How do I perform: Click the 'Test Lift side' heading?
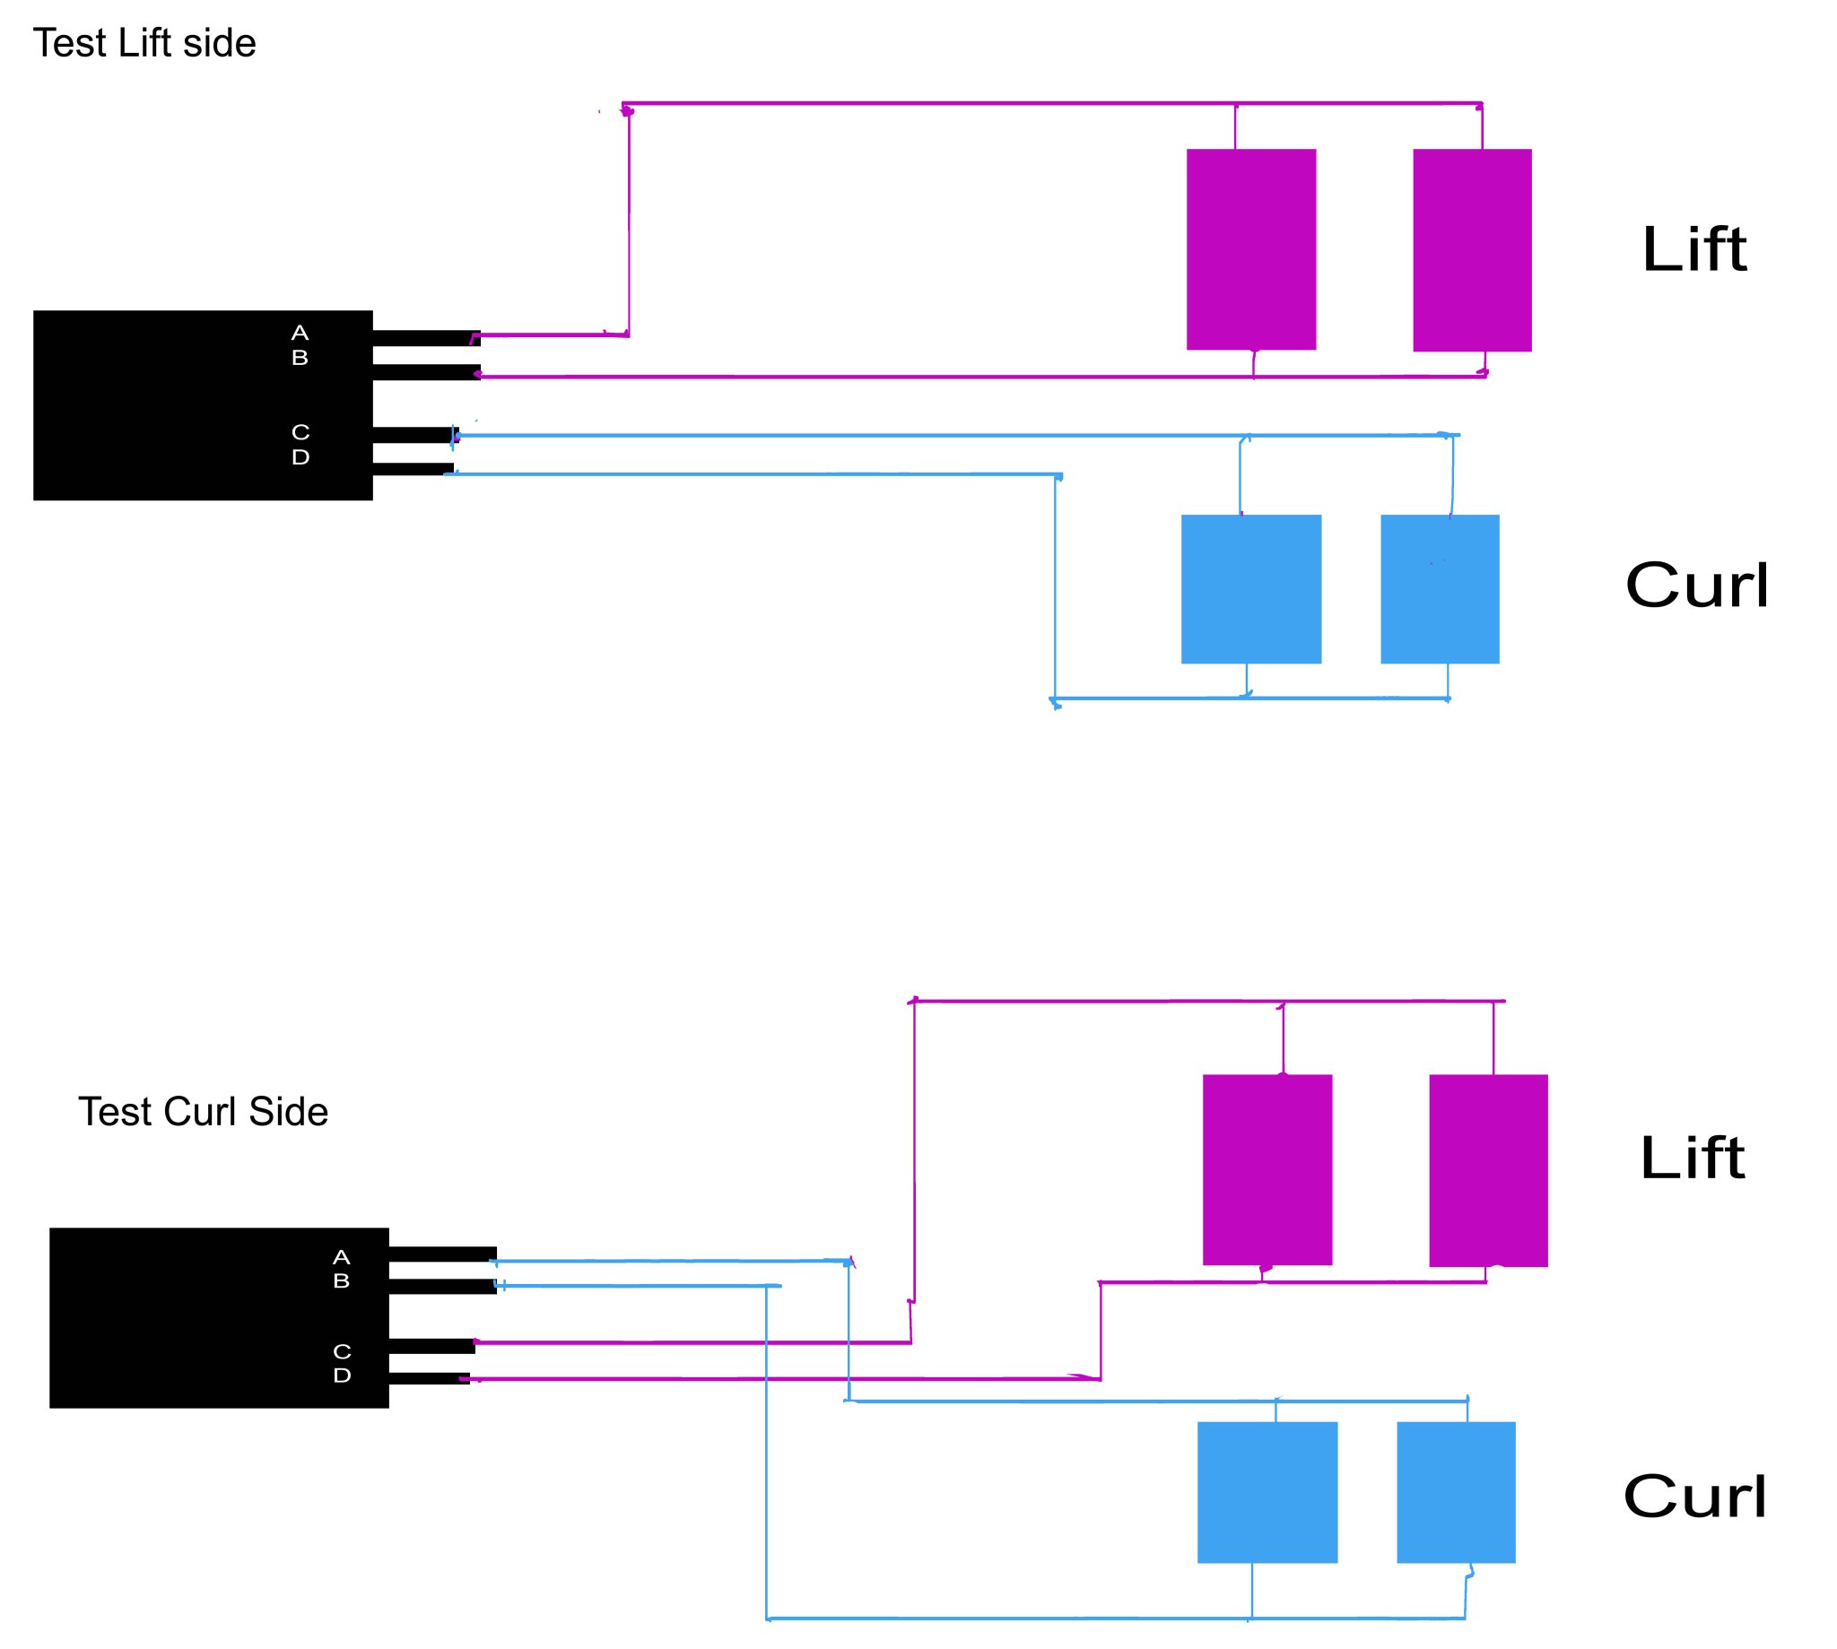(x=144, y=44)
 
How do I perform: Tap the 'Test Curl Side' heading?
(x=203, y=1112)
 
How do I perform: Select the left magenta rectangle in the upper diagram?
(x=1250, y=249)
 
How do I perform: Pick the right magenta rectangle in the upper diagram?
(x=1472, y=250)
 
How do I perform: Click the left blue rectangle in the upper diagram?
(x=1250, y=589)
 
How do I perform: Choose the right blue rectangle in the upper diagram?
(x=1439, y=589)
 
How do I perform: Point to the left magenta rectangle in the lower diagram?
(x=1267, y=1169)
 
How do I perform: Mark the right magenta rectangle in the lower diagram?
(x=1488, y=1170)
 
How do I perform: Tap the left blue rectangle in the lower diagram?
(x=1267, y=1492)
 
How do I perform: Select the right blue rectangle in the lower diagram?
(x=1456, y=1492)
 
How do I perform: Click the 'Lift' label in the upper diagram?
(x=1693, y=249)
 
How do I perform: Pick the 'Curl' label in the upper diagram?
(x=1696, y=586)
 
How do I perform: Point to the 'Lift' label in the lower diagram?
(x=1692, y=1158)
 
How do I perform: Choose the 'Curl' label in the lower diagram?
(x=1694, y=1496)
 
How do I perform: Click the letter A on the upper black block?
(x=300, y=333)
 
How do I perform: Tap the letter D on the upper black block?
(x=300, y=457)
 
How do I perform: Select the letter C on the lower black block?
(x=342, y=1352)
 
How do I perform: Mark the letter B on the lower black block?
(x=342, y=1281)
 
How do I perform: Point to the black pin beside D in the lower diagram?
(x=429, y=1379)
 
